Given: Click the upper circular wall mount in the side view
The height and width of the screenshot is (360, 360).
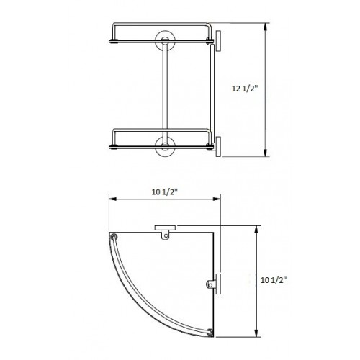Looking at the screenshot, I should (x=165, y=39).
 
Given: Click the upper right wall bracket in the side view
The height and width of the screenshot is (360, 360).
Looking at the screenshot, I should (x=215, y=42).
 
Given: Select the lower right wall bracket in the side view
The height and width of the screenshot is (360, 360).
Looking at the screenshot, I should (x=215, y=145).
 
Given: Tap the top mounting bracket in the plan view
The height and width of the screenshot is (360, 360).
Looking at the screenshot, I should (x=166, y=230).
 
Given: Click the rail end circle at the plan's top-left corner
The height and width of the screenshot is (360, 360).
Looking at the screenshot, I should (x=114, y=237).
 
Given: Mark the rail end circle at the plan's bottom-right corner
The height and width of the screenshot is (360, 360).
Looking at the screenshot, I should (x=210, y=332).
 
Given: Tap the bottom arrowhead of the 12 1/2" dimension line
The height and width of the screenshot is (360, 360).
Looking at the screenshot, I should (x=266, y=153).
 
